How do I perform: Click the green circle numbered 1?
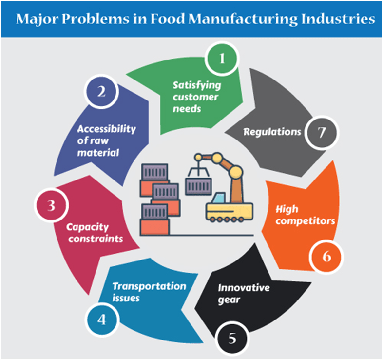222,60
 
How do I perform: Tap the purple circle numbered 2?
101,92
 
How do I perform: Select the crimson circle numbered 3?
51,206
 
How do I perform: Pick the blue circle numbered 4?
101,320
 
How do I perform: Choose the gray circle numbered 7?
321,132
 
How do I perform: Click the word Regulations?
272,132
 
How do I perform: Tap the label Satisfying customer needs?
196,97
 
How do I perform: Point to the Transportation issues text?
149,291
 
